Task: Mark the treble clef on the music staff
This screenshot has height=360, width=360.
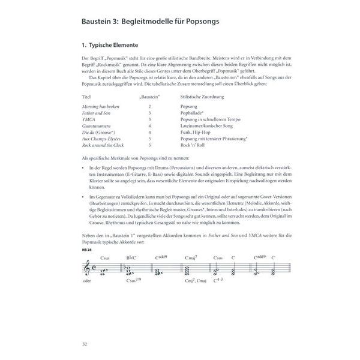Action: coord(89,270)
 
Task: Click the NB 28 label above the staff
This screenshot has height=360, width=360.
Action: coord(86,249)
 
